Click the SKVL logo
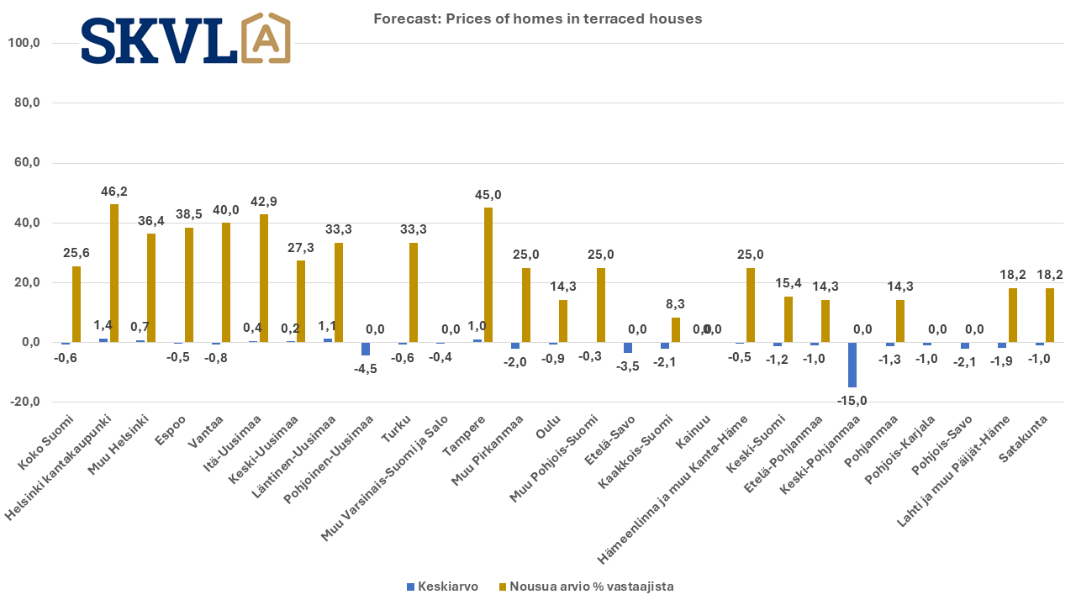pyautogui.click(x=186, y=39)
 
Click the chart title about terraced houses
pyautogui.click(x=537, y=18)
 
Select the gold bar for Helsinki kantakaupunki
pyautogui.click(x=114, y=273)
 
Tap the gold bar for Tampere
pyautogui.click(x=488, y=275)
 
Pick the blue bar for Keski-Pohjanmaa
pyautogui.click(x=852, y=365)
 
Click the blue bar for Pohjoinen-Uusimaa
pyautogui.click(x=366, y=349)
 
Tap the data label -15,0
pyautogui.click(x=852, y=400)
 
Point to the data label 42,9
pyautogui.click(x=263, y=202)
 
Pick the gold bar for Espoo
pyautogui.click(x=189, y=285)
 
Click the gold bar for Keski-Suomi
pyautogui.click(x=788, y=319)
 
